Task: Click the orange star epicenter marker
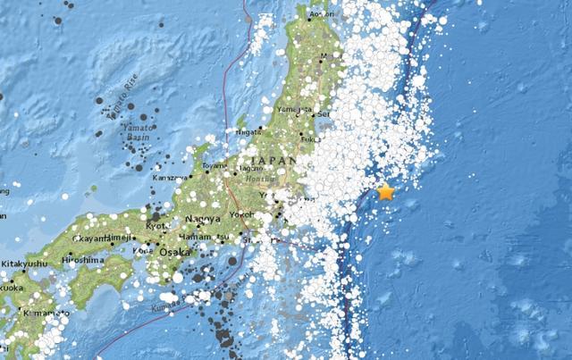point(386,192)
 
